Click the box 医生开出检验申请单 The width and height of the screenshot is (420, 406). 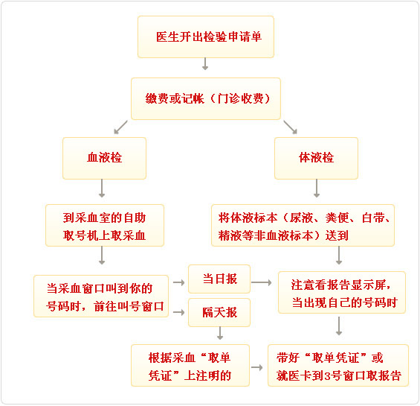point(206,37)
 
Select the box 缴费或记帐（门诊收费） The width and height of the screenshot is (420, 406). point(206,98)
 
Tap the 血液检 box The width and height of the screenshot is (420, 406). point(105,158)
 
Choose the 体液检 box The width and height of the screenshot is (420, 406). point(316,158)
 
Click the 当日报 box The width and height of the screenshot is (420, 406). point(219,279)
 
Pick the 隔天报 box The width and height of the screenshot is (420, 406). point(219,312)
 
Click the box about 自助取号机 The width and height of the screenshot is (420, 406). point(105,225)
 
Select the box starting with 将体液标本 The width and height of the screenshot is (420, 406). point(303,225)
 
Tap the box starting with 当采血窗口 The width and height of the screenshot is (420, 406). point(101,296)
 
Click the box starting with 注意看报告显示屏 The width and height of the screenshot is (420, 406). point(342,293)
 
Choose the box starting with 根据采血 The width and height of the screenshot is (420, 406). point(190,366)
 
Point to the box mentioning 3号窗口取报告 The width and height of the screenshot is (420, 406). point(338,366)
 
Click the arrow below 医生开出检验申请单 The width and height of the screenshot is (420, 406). point(205,63)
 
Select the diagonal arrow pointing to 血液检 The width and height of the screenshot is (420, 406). point(121,127)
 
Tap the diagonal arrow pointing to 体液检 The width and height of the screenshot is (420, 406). point(291,127)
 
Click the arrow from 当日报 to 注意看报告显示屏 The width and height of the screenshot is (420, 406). point(262,282)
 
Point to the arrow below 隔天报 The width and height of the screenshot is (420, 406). point(220,333)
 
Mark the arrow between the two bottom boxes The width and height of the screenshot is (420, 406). point(257,367)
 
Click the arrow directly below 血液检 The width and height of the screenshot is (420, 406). point(102,188)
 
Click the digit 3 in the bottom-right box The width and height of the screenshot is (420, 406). point(327,376)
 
